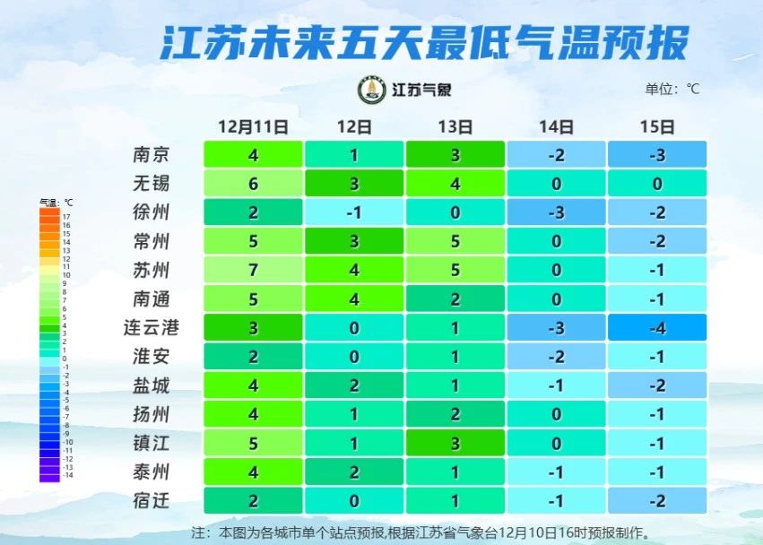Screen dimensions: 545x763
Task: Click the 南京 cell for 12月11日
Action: coord(254,155)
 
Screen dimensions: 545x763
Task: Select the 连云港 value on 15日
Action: coord(657,328)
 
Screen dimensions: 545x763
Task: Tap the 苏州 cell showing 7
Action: coord(254,270)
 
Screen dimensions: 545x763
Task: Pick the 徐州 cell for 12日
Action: coord(354,212)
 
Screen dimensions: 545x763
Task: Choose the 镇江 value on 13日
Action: coord(455,443)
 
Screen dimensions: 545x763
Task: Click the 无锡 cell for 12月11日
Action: coord(254,184)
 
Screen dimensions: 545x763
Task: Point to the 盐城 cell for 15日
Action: coord(657,385)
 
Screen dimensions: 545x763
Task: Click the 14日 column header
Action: coord(556,126)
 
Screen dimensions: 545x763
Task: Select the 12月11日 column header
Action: coord(255,126)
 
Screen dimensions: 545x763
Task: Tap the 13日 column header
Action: coord(455,126)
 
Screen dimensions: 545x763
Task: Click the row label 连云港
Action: coord(151,328)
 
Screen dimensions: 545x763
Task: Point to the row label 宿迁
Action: coord(151,500)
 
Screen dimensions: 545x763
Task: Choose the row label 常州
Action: coord(151,241)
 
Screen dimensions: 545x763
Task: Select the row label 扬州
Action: coord(151,414)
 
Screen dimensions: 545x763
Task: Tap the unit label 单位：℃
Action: coord(672,89)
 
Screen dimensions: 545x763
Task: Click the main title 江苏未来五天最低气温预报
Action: coord(425,42)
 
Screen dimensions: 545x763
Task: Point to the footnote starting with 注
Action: coord(421,532)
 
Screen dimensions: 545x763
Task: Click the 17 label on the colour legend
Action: coord(66,217)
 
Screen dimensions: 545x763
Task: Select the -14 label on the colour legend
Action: coord(66,476)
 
